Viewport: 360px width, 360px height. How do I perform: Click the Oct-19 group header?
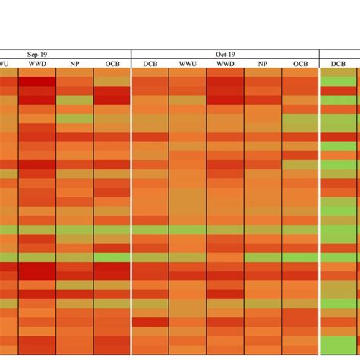click(226, 54)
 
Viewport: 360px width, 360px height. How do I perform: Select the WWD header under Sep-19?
click(36, 64)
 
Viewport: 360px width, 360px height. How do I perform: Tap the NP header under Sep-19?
click(74, 64)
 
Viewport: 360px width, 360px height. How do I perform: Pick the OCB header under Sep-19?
click(112, 64)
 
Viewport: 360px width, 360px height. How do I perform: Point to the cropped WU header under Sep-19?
click(6, 64)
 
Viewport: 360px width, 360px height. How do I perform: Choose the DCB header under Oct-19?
click(150, 64)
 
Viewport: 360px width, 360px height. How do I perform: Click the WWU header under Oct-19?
click(188, 64)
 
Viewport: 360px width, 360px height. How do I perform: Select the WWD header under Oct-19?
click(226, 64)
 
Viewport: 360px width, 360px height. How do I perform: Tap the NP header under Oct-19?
click(263, 64)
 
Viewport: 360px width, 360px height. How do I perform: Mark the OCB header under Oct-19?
click(301, 64)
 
